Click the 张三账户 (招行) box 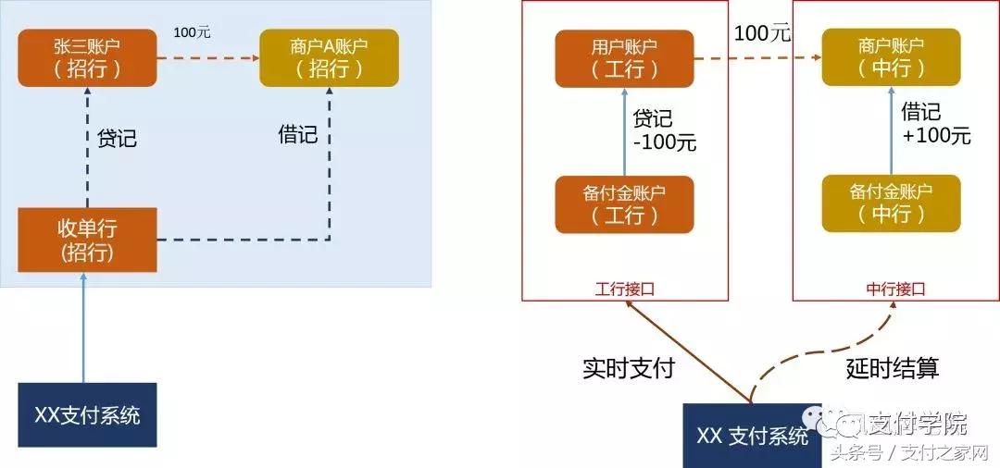(x=87, y=57)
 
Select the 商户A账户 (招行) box (x=329, y=57)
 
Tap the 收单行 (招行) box (x=87, y=240)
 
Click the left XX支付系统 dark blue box (x=87, y=415)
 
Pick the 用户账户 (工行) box (x=624, y=57)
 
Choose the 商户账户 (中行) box (x=891, y=57)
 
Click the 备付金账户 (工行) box (x=624, y=203)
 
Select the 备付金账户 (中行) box (x=891, y=203)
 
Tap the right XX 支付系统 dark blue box (x=752, y=435)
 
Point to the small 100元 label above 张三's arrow (x=192, y=32)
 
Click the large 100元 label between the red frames (x=762, y=33)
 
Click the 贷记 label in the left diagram (x=117, y=139)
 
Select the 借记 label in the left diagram (x=297, y=135)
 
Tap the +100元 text (x=935, y=136)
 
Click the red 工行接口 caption (x=624, y=289)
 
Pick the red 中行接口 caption (x=891, y=289)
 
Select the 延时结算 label (x=893, y=368)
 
